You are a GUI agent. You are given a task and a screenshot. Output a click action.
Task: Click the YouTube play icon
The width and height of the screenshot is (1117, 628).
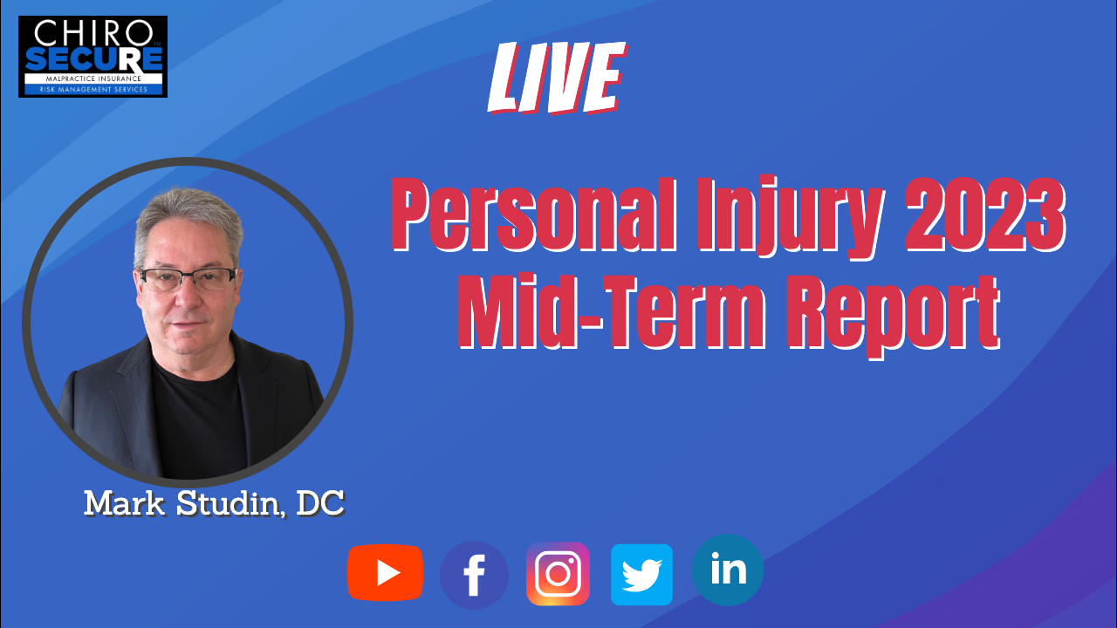click(x=386, y=573)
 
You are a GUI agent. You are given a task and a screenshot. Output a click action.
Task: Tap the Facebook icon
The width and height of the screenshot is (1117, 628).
click(x=474, y=575)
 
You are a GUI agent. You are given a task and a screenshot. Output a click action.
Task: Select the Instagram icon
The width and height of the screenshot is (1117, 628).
click(x=558, y=574)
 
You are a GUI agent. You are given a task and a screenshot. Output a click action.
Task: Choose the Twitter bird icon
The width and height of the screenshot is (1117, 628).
click(x=641, y=575)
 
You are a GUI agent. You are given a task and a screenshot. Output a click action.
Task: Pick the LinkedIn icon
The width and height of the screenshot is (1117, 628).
click(x=728, y=570)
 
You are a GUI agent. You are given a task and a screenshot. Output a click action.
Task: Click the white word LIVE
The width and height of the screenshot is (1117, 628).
click(x=557, y=78)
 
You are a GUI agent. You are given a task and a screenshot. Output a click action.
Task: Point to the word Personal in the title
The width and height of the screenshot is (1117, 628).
click(x=534, y=215)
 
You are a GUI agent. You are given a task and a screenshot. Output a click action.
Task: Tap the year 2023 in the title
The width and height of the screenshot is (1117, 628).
click(x=985, y=215)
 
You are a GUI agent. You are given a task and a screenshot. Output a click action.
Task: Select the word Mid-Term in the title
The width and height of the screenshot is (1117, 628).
click(x=612, y=311)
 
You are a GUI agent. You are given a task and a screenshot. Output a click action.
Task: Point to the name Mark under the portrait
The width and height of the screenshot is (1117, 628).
click(x=124, y=503)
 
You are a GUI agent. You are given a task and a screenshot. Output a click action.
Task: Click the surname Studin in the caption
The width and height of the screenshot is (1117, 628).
click(x=230, y=503)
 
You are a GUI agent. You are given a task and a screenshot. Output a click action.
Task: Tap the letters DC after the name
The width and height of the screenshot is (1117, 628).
click(x=320, y=503)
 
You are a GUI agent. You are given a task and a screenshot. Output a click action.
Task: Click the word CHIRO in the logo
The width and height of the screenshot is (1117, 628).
click(x=93, y=33)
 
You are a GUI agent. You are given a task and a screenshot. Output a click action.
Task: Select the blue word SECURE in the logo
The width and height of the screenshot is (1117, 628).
click(x=93, y=59)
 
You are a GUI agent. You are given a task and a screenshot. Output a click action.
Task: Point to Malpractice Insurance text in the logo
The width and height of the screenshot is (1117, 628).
click(x=93, y=78)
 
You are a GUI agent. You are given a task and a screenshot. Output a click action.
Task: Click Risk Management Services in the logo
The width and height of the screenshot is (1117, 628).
click(x=93, y=90)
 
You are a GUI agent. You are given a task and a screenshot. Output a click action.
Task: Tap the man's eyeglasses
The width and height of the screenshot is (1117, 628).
click(x=188, y=279)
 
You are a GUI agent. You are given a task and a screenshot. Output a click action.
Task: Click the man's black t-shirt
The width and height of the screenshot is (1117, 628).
click(x=200, y=424)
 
